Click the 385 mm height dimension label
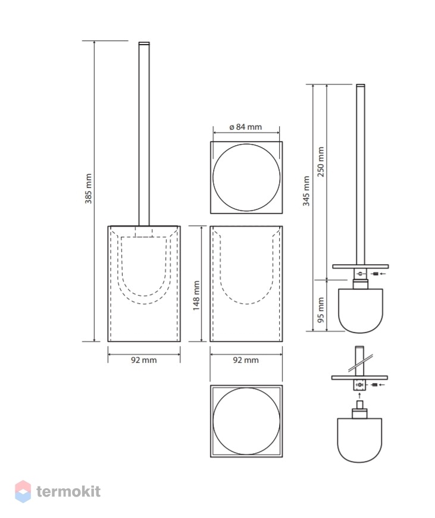(x=88, y=189)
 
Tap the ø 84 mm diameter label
(x=246, y=127)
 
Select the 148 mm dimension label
(x=196, y=296)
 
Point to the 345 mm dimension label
(x=306, y=191)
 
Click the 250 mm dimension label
(x=321, y=162)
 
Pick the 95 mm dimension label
(x=321, y=310)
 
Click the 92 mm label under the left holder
(x=144, y=360)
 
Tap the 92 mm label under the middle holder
(x=246, y=360)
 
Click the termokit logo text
(x=68, y=491)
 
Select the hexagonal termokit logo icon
(x=23, y=491)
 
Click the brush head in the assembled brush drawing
(x=360, y=310)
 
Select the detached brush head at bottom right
(x=359, y=439)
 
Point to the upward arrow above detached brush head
(x=359, y=395)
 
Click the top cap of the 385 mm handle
(x=144, y=43)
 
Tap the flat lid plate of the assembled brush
(x=360, y=266)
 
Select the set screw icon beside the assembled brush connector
(x=375, y=274)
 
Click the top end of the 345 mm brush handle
(x=360, y=86)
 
